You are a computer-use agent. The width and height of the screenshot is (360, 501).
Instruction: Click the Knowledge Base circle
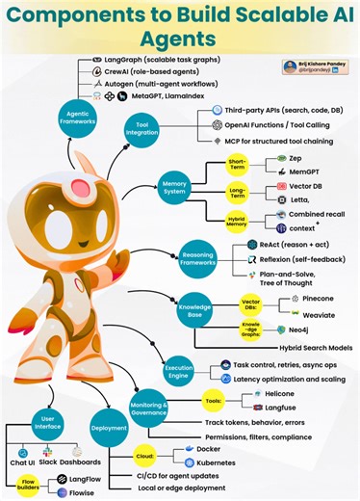[x=191, y=311]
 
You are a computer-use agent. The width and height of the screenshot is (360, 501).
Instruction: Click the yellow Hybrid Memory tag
[x=237, y=219]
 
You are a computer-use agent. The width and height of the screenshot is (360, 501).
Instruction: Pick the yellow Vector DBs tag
[x=251, y=303]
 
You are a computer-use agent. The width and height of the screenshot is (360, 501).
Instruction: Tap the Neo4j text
[x=304, y=330]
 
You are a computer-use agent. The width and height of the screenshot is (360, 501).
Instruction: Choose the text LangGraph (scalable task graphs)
[x=155, y=59]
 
